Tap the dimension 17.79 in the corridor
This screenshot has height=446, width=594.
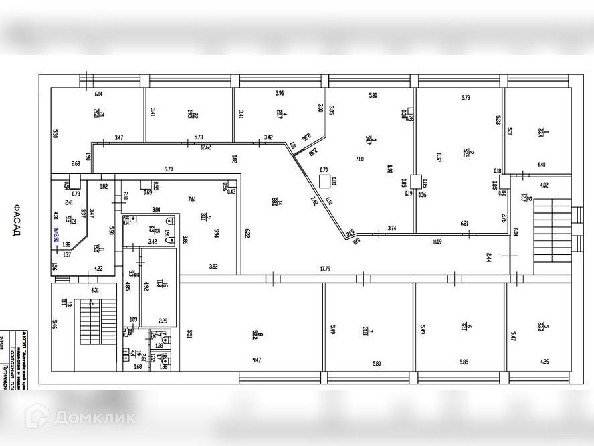[325, 269]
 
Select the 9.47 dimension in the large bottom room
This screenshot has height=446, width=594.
[257, 361]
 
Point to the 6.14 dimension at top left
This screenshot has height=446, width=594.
[98, 94]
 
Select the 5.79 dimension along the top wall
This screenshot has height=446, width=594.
[466, 98]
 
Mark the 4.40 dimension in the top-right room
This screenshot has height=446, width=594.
[540, 165]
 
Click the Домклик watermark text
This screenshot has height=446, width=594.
[94, 417]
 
